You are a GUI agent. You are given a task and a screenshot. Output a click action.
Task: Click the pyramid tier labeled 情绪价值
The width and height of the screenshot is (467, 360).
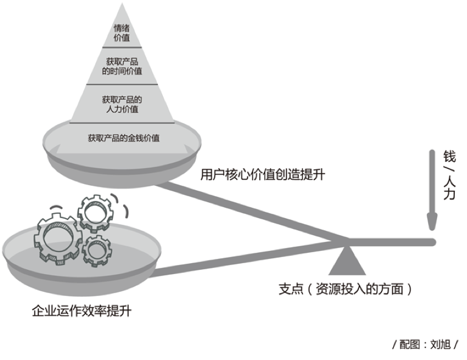pos(122,33)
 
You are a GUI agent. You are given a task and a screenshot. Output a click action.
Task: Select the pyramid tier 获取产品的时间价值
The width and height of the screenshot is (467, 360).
pos(122,66)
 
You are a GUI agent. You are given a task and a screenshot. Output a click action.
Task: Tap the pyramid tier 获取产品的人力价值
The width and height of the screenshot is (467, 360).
pos(122,104)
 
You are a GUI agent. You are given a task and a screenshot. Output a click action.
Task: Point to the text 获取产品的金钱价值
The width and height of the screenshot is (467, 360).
pos(124,138)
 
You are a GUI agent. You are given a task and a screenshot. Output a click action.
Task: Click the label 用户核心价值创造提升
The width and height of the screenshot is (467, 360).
pos(262,174)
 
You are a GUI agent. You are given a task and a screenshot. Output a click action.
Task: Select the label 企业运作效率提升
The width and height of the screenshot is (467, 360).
pos(82,311)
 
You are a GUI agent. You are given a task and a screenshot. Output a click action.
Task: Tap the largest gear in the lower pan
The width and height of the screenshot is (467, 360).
pos(57,239)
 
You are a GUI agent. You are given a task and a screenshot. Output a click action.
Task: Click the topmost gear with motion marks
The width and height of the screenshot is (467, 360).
pos(95,213)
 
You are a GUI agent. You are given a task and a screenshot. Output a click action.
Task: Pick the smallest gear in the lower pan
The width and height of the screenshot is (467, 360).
pos(97,250)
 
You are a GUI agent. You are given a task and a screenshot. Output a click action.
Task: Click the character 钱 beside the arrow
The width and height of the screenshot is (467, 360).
pos(449,156)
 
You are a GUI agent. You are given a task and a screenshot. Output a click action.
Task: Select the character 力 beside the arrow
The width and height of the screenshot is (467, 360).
pos(449,194)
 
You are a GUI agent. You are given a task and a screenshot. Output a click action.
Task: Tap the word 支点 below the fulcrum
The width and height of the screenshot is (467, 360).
pos(291,289)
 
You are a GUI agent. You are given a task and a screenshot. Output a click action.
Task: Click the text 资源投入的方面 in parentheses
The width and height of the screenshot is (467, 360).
pos(360,289)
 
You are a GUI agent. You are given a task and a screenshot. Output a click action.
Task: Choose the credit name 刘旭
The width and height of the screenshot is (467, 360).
pos(440,345)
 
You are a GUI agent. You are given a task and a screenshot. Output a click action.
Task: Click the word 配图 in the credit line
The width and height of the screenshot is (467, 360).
pos(409,345)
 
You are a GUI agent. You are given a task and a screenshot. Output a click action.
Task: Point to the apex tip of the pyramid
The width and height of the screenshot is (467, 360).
pos(122,3)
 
